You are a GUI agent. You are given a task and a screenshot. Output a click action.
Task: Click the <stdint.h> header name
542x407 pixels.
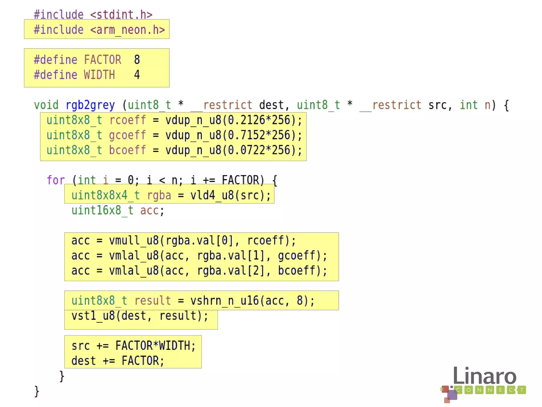121,15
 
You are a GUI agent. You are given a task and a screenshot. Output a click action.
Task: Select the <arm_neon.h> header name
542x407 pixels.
128,30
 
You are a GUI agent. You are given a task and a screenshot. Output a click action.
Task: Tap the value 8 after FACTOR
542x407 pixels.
137,60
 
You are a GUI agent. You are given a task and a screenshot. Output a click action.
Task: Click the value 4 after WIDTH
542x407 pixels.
137,75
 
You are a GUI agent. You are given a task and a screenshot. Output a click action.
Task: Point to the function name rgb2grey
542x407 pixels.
90,105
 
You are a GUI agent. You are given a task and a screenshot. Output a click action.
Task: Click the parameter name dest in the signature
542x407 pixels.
271,105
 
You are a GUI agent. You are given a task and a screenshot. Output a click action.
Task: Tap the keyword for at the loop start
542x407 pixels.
56,180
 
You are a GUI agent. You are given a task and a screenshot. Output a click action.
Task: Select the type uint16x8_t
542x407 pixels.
102,210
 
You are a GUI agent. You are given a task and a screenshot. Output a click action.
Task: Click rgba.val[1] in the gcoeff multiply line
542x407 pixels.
231,256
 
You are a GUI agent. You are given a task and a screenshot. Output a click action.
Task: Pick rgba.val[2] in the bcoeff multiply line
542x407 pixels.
231,271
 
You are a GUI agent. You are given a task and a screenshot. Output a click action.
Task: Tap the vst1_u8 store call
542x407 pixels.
93,316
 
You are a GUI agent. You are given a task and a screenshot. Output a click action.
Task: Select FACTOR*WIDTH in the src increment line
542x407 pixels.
155,346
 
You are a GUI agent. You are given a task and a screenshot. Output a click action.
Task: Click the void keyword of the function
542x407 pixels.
46,105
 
